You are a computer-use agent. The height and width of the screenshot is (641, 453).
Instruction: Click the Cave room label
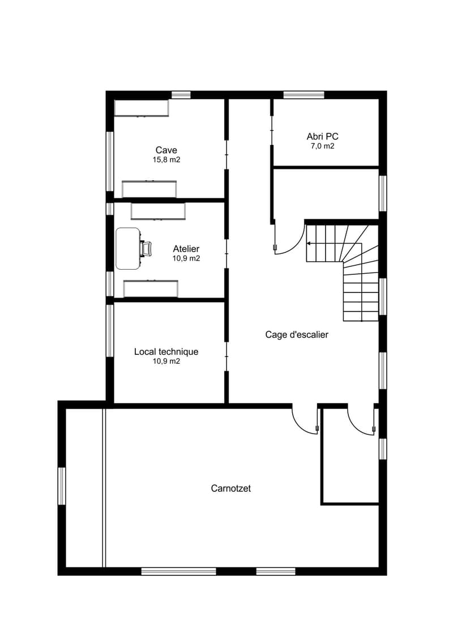[x=166, y=150]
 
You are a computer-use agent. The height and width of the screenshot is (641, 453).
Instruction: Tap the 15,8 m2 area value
[x=166, y=160]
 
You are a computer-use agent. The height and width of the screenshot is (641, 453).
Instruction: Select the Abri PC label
[x=322, y=137]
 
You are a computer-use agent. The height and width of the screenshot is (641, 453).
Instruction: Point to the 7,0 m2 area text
[x=322, y=146]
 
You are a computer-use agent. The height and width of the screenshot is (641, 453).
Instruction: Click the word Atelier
[x=186, y=249]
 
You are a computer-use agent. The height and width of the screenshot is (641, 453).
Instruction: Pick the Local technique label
[x=166, y=351]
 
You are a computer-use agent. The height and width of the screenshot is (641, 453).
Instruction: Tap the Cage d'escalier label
[x=297, y=335]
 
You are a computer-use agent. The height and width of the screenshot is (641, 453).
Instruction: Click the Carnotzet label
[x=231, y=488]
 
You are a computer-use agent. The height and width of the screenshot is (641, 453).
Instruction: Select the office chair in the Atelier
[x=146, y=249]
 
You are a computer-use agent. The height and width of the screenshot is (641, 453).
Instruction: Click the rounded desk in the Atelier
[x=128, y=249]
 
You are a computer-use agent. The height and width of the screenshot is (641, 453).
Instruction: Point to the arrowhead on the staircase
[x=309, y=244]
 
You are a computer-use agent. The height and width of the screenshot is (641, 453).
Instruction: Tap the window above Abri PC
[x=304, y=95]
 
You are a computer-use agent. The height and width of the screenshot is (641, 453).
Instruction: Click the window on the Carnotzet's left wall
[x=62, y=486]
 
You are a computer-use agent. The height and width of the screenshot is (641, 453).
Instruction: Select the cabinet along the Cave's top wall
[x=142, y=108]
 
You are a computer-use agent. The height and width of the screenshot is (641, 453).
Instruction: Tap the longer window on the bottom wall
[x=178, y=571]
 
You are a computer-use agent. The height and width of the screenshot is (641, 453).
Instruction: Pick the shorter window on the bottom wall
[x=275, y=571]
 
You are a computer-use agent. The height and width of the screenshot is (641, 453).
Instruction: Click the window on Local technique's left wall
[x=110, y=331]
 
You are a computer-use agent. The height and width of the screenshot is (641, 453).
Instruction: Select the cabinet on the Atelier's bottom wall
[x=151, y=288]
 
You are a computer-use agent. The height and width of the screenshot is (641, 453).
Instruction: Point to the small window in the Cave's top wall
[x=181, y=95]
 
